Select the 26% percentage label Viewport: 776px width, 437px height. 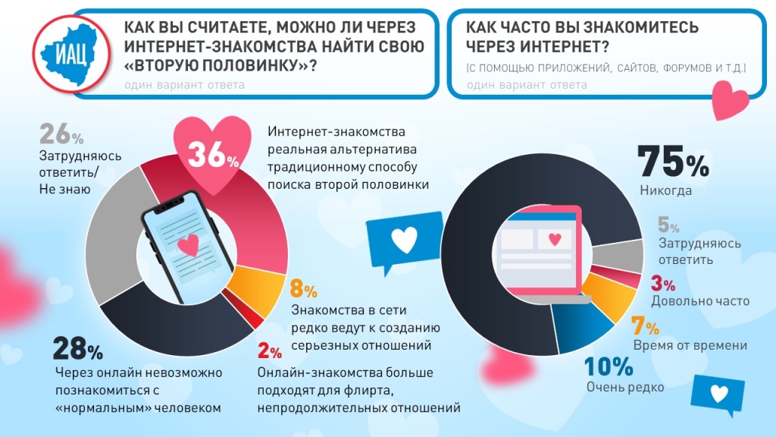click(x=60, y=135)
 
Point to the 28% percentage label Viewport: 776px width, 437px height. click(x=77, y=350)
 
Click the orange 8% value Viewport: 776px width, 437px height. click(x=303, y=289)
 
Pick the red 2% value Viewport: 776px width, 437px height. click(x=270, y=351)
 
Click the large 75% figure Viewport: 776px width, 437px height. click(x=672, y=161)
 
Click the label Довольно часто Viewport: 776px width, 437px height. click(x=700, y=301)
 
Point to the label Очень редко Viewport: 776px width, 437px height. click(x=625, y=388)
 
